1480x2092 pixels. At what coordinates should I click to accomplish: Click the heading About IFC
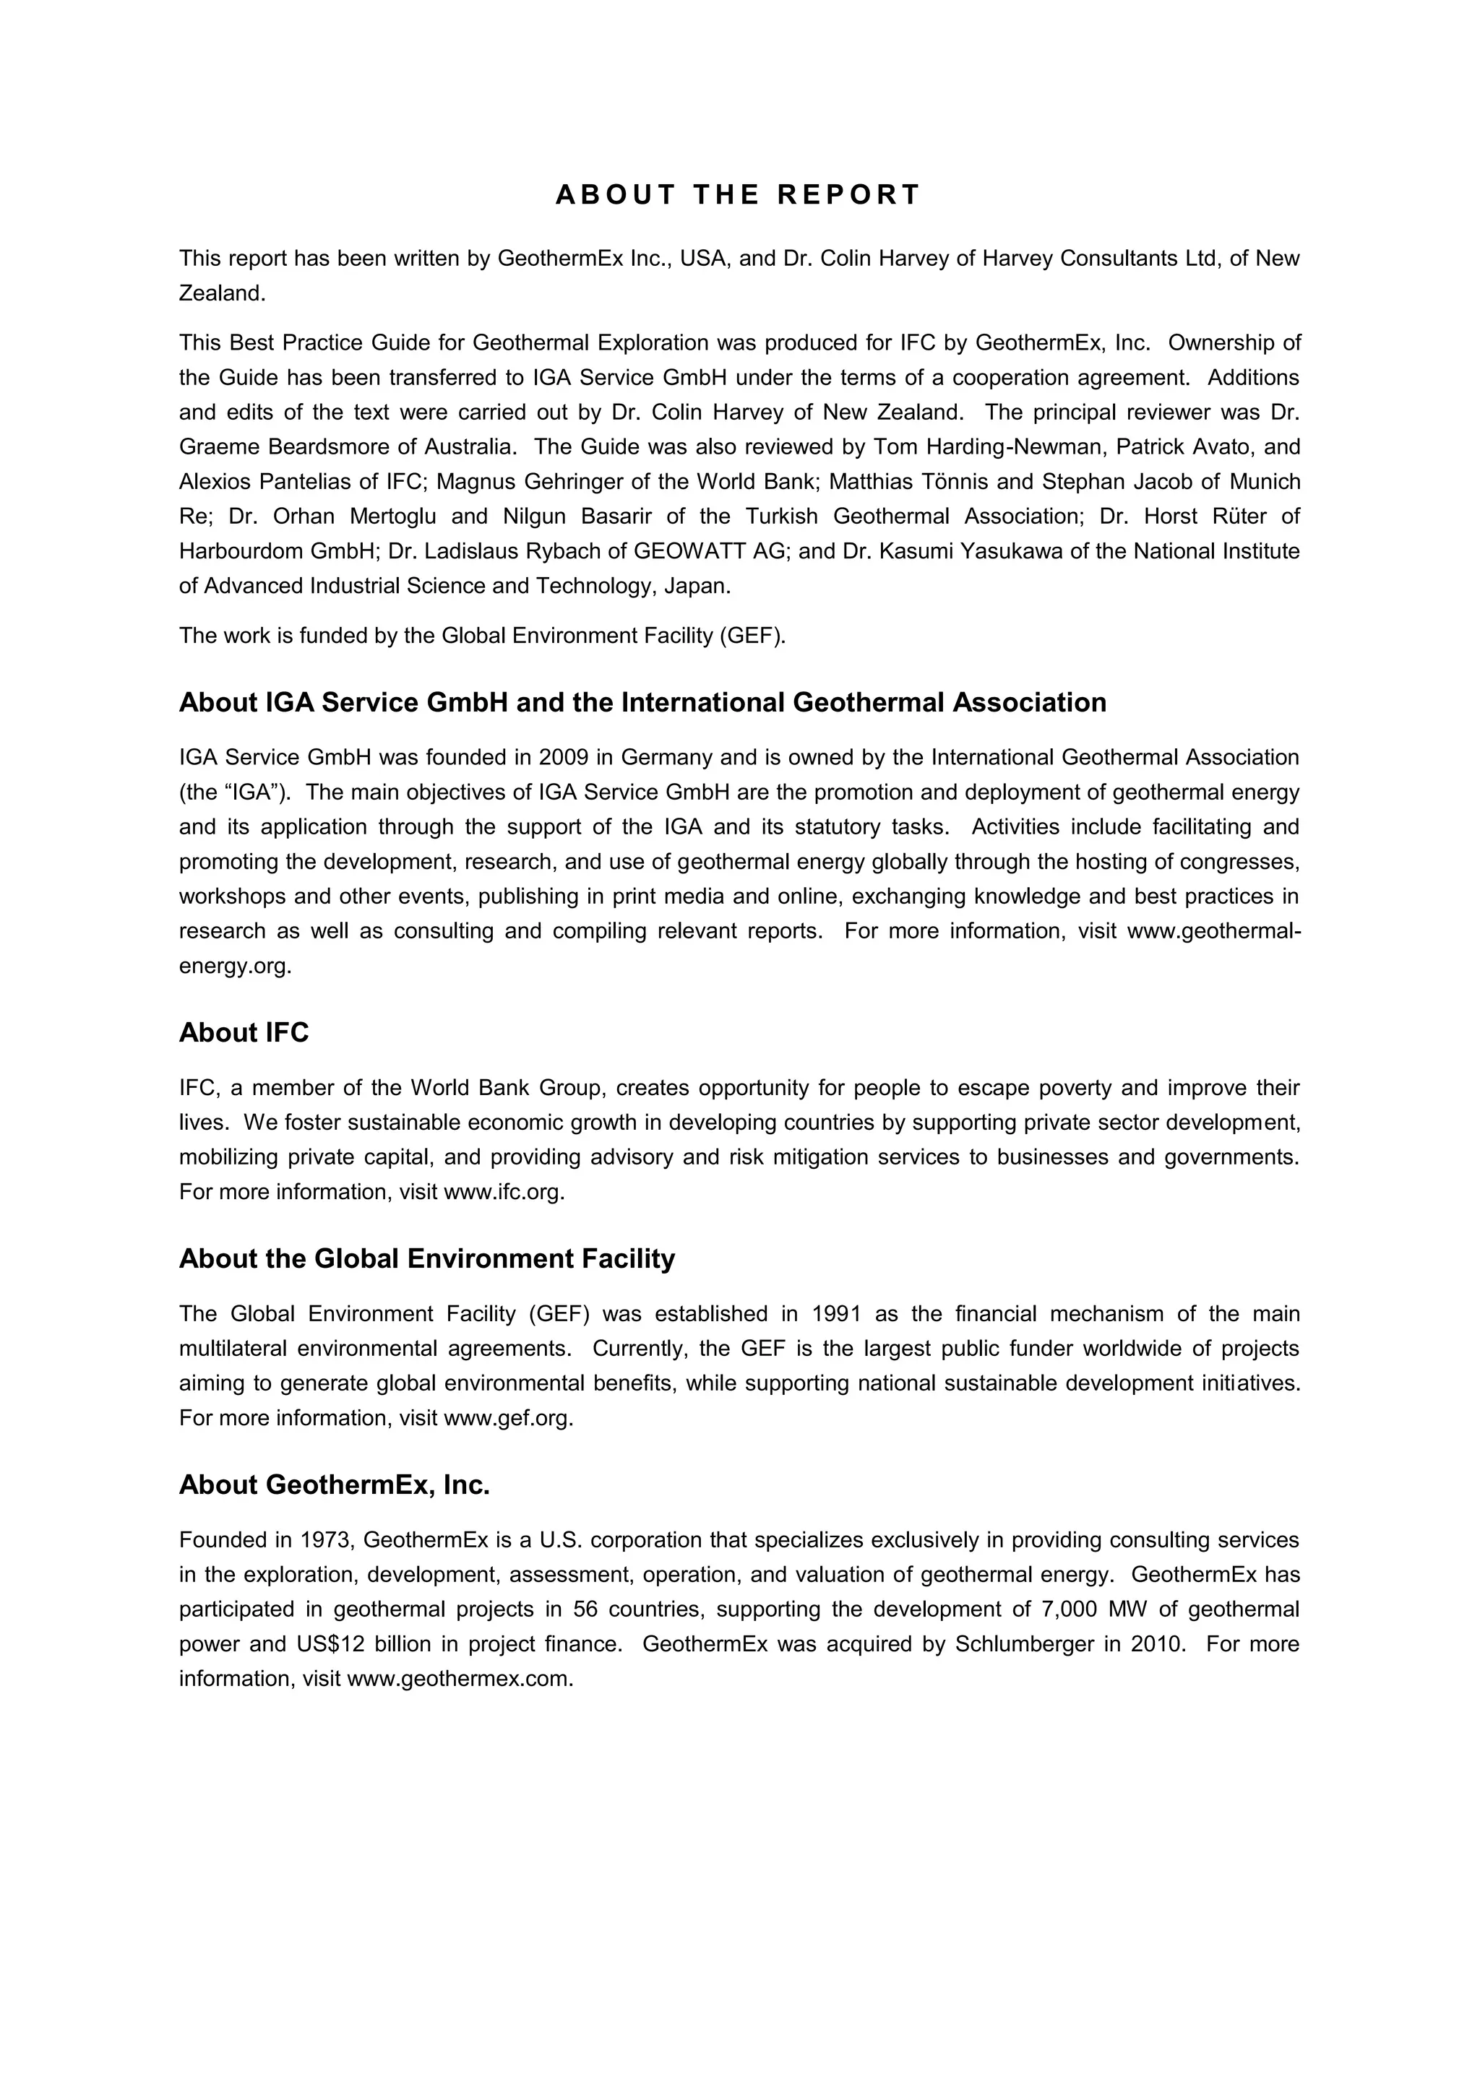tap(244, 1032)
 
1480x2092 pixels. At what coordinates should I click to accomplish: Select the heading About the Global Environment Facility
tap(426, 1258)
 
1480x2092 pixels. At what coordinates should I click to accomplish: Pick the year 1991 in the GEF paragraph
tap(835, 1314)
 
